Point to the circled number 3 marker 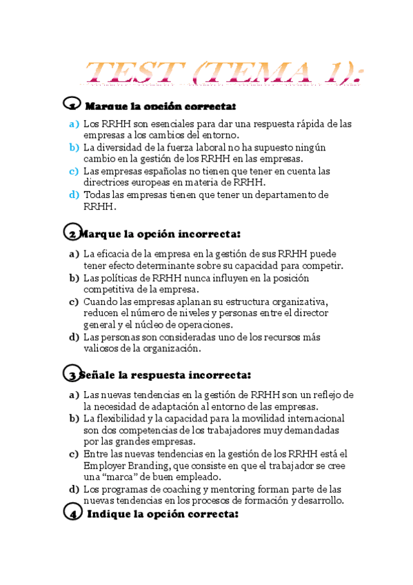click(x=72, y=374)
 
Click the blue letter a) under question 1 click(x=74, y=124)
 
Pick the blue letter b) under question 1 click(x=74, y=148)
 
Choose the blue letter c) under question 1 click(x=74, y=171)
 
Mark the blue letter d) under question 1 click(x=74, y=195)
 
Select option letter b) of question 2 click(x=74, y=278)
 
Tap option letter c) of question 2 click(x=74, y=301)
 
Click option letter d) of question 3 click(x=74, y=489)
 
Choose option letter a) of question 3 click(x=74, y=395)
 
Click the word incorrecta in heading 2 click(x=209, y=234)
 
